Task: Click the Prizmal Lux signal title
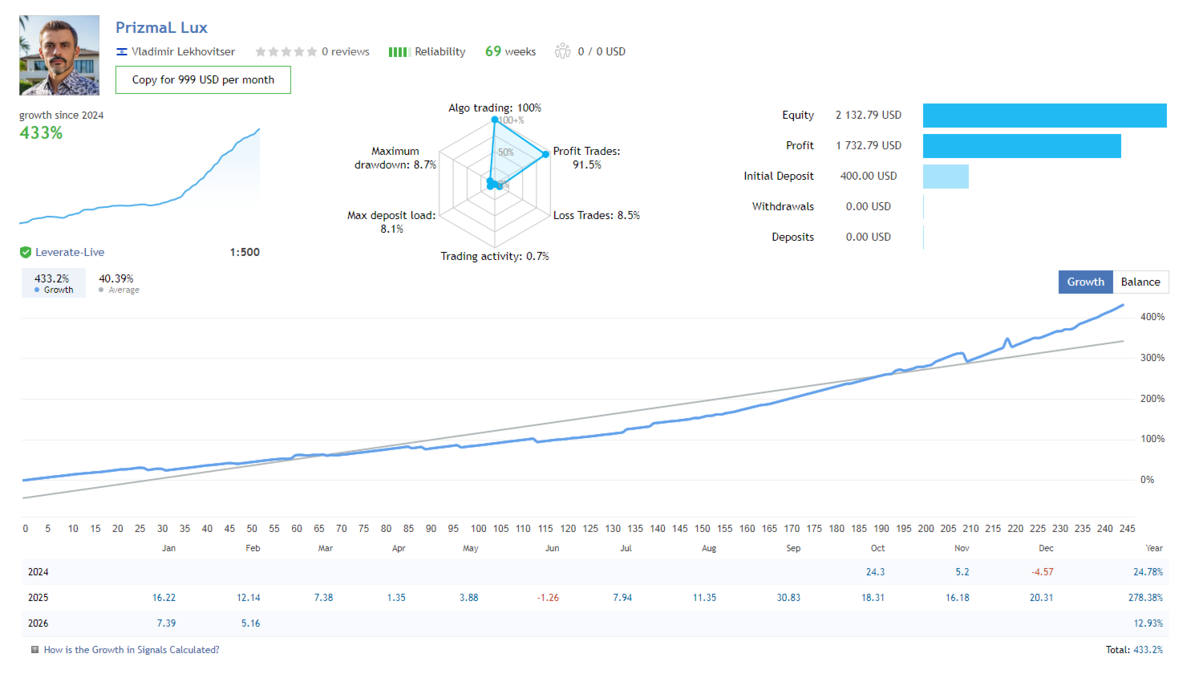click(x=161, y=27)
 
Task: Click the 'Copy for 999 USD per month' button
click(x=203, y=80)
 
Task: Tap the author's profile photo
click(x=59, y=55)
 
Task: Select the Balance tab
click(x=1140, y=282)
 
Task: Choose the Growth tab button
click(x=1085, y=282)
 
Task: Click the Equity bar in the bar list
click(x=1044, y=116)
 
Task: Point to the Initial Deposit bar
click(x=946, y=177)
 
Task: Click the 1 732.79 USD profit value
click(x=869, y=145)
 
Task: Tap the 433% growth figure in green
click(x=41, y=133)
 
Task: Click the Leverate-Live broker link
click(x=70, y=252)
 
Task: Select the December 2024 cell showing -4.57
click(x=1042, y=572)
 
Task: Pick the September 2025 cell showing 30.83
click(x=788, y=598)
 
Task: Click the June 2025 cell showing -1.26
click(x=548, y=598)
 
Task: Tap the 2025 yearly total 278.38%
click(x=1145, y=598)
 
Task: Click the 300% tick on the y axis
click(x=1152, y=358)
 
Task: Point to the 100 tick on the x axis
click(x=478, y=529)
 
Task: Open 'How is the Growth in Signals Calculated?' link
click(x=132, y=650)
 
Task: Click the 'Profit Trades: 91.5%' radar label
click(x=586, y=157)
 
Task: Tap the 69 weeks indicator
click(x=510, y=51)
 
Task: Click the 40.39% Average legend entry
click(x=117, y=283)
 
